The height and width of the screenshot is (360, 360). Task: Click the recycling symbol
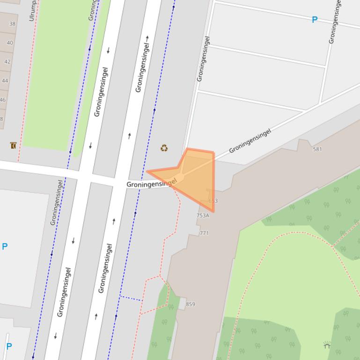(164, 148)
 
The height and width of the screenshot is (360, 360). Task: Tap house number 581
(317, 149)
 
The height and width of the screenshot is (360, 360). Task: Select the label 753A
(203, 216)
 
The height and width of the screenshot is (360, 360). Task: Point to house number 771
(204, 233)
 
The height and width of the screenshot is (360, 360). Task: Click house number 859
(190, 304)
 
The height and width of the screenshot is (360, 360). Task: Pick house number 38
(12, 24)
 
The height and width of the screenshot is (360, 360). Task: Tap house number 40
(10, 43)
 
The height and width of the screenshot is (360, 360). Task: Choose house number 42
(7, 61)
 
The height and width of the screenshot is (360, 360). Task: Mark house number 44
(5, 80)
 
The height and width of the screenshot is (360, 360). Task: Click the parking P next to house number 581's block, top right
(315, 20)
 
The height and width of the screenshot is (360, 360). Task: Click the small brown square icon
(13, 145)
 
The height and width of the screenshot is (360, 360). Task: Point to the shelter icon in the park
(327, 346)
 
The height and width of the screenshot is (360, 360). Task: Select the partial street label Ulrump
(32, 10)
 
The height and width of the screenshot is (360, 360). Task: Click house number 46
(3, 100)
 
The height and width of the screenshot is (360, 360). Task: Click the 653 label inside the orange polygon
(213, 201)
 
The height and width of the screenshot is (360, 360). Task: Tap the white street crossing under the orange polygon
(180, 177)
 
